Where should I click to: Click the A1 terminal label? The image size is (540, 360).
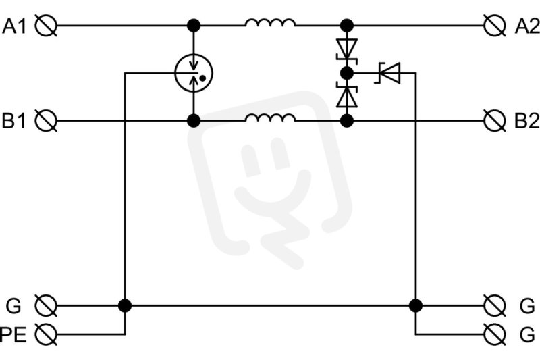[14, 26]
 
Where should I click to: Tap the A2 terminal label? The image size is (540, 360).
[527, 26]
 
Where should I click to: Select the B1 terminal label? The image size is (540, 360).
[13, 121]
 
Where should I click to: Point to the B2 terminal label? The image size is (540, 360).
[527, 121]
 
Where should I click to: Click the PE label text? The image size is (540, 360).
[13, 334]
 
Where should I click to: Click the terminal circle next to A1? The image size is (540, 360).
[46, 26]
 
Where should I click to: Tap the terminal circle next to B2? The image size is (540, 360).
[495, 121]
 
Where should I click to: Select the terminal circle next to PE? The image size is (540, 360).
[46, 334]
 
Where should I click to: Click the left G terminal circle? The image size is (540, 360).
[46, 305]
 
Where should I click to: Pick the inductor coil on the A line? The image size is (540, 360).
[271, 23]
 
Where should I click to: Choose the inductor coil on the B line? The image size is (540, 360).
[271, 118]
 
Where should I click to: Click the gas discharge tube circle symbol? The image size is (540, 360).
[194, 73]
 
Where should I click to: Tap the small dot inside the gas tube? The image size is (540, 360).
[202, 78]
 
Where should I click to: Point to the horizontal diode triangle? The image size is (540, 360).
[389, 73]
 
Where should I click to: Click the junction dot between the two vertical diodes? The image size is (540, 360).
[347, 73]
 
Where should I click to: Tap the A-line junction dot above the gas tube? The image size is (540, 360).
[194, 26]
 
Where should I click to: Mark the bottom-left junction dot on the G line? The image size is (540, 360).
[125, 305]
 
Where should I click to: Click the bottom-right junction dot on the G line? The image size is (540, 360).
[416, 305]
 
